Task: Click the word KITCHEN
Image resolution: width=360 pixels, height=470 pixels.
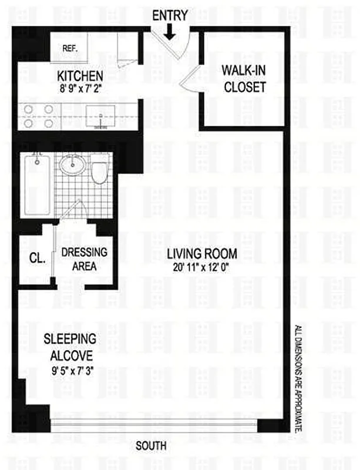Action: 80,76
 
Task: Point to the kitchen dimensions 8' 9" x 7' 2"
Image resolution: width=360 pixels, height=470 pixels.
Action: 80,90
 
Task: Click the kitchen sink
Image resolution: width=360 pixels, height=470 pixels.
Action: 101,116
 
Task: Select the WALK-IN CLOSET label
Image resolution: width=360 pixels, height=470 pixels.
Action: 243,79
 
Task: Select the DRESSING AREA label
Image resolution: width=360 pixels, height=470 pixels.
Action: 84,259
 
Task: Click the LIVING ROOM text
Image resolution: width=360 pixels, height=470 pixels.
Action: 202,254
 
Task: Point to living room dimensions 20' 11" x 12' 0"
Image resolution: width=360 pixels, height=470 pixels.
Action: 202,268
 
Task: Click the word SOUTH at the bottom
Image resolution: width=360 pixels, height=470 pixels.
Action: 152,445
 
